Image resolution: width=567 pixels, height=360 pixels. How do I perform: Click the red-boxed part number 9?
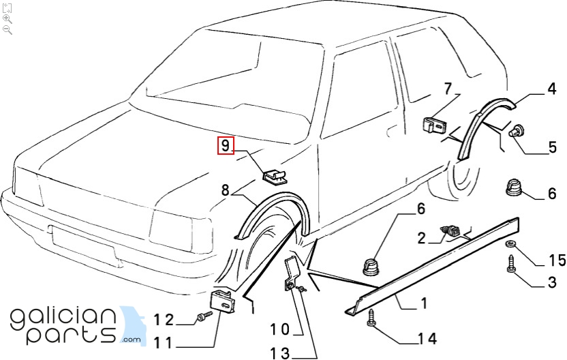coord(226,145)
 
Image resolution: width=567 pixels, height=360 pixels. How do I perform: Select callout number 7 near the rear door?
coord(448,89)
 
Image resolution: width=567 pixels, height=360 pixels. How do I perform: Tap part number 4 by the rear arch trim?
coord(551,89)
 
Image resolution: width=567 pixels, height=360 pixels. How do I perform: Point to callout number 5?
coord(553,147)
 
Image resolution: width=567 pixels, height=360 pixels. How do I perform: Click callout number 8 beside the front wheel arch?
coord(225,191)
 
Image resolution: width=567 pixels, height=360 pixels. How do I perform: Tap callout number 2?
coord(422,237)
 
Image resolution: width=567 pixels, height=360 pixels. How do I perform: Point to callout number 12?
coord(164,318)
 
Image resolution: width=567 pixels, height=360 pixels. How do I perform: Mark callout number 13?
coord(280,353)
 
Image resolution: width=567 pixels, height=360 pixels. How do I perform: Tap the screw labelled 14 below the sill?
coord(372,318)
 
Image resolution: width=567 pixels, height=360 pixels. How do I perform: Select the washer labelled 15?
coord(510,245)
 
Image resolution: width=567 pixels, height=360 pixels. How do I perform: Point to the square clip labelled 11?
coord(222,301)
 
